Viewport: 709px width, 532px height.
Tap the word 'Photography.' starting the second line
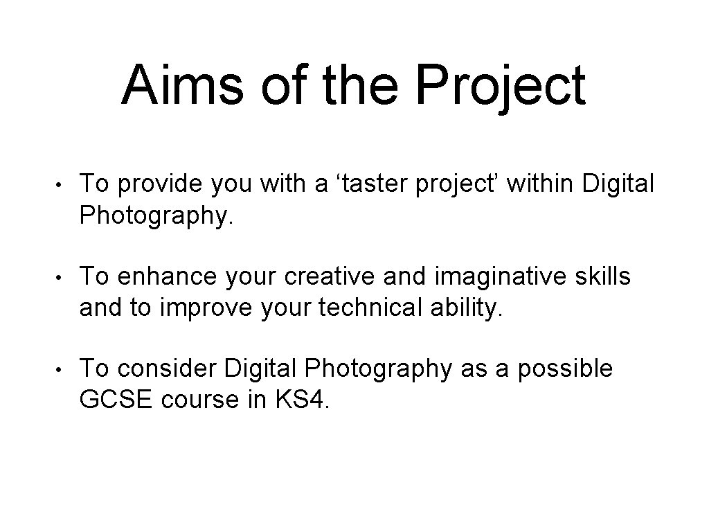(157, 217)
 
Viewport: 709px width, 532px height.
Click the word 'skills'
(600, 276)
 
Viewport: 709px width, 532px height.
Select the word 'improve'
(213, 308)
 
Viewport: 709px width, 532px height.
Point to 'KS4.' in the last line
(307, 401)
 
